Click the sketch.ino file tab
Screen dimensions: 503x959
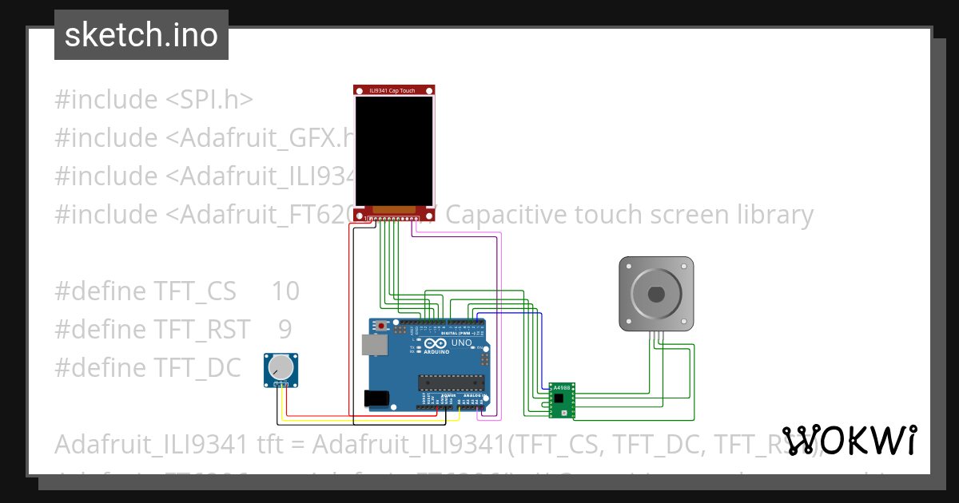coord(141,35)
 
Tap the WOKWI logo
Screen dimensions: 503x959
coord(849,440)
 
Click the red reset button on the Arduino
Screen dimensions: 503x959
coord(383,326)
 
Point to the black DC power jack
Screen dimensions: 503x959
coord(376,398)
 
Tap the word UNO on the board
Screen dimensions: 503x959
coord(462,343)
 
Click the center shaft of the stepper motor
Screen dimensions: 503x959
coord(656,293)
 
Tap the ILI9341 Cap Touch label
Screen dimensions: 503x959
coord(395,91)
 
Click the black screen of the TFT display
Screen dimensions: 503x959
coord(395,149)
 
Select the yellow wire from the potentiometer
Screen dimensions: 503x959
coord(368,418)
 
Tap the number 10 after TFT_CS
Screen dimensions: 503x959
coord(285,291)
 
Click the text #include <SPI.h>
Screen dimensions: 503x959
coord(153,100)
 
